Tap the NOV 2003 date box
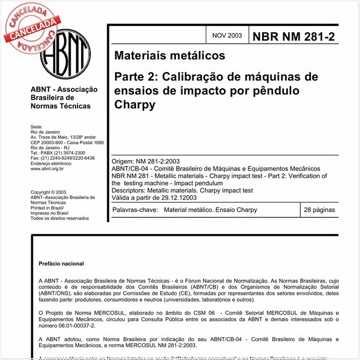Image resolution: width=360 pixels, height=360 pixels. [227, 36]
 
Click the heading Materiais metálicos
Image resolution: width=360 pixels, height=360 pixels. [169, 56]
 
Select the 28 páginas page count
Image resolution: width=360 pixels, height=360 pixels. [319, 210]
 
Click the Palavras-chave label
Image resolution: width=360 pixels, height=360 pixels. [132, 210]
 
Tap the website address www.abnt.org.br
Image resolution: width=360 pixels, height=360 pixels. [47, 169]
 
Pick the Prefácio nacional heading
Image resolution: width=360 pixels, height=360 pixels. [62, 264]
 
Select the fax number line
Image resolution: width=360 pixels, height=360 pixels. [62, 158]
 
